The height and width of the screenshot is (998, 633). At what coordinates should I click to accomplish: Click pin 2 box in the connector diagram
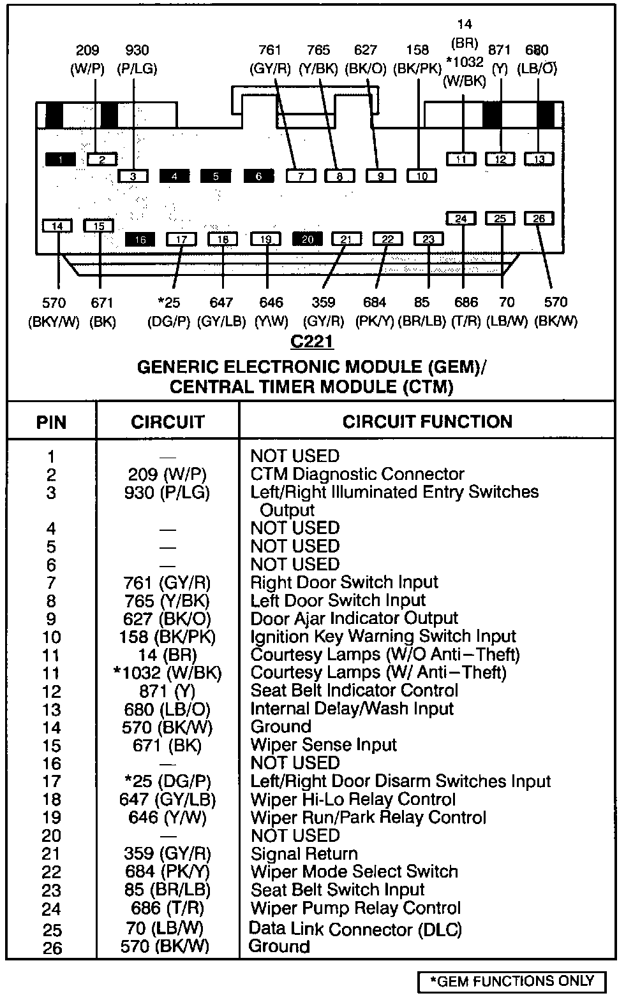[102, 159]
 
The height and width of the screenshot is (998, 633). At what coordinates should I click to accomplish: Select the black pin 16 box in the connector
[140, 240]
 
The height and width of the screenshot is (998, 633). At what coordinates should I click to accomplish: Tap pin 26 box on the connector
[539, 219]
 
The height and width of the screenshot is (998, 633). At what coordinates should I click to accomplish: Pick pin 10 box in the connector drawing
[422, 176]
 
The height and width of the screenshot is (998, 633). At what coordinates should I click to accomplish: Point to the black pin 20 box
[308, 239]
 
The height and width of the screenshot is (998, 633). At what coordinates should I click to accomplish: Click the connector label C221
[312, 342]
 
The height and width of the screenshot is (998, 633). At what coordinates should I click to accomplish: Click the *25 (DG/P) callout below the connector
[169, 312]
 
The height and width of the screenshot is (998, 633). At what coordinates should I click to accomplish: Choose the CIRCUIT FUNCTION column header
[427, 422]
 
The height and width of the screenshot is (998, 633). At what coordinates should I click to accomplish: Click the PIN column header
[51, 423]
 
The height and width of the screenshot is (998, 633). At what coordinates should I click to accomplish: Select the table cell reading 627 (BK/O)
[167, 619]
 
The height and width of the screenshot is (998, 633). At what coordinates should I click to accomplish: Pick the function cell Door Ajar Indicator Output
[354, 618]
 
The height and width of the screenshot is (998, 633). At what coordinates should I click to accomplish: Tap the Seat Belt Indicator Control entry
[354, 691]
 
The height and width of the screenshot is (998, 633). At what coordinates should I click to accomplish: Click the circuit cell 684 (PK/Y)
[167, 872]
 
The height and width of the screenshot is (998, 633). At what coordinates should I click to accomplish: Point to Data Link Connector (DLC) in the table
[355, 929]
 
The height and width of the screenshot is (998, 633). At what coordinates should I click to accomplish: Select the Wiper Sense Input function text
[324, 745]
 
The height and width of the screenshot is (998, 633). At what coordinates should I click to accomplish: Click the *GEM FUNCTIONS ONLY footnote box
[511, 981]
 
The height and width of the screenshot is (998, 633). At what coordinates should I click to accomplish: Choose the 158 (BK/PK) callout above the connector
[418, 59]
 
